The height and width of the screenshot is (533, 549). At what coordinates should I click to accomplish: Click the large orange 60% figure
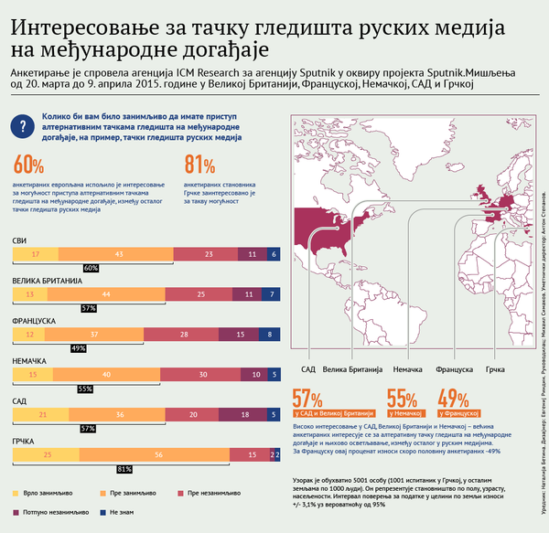click(28, 165)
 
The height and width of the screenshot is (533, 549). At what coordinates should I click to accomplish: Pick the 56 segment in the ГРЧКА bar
click(158, 455)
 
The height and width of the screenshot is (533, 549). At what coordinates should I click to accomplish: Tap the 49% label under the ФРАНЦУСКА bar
click(78, 348)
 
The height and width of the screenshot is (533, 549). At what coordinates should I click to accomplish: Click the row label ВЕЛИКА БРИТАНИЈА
click(48, 281)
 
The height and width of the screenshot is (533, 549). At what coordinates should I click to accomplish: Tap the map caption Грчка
click(496, 369)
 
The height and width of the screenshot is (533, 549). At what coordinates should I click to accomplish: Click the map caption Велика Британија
click(350, 369)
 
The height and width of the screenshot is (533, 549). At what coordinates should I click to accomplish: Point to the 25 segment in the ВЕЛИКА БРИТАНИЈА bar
click(200, 294)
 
